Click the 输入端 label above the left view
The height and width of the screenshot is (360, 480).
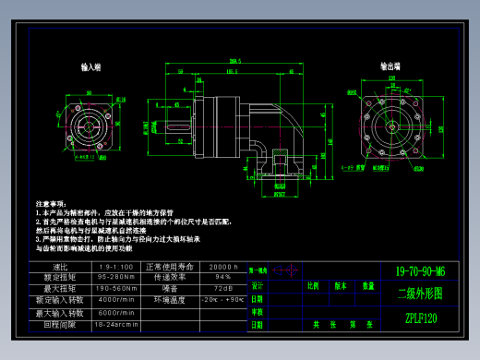(90, 68)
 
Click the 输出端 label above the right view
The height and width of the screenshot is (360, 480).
(390, 66)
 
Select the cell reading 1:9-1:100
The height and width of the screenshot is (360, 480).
(115, 267)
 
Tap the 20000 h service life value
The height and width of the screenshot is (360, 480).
(223, 267)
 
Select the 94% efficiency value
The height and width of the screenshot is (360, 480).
(223, 277)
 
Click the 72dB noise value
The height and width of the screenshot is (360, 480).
(223, 288)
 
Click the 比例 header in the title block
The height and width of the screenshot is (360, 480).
(314, 286)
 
